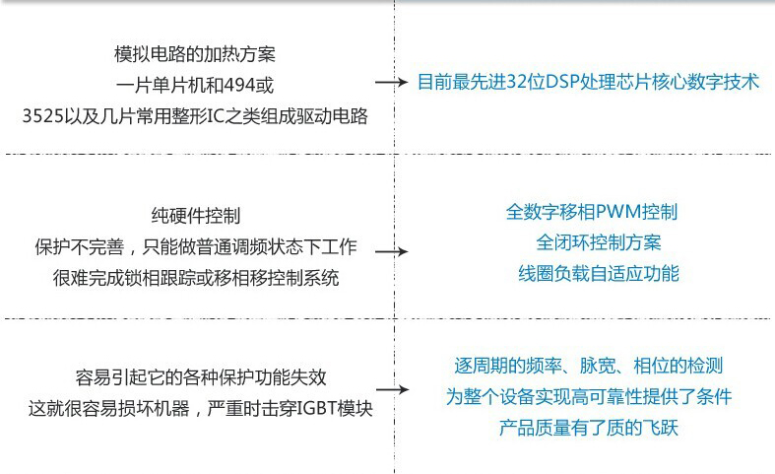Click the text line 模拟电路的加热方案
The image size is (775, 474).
[195, 54]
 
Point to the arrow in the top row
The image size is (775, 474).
[392, 82]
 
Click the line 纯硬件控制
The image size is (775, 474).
[196, 216]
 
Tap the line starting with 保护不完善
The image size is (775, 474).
[196, 246]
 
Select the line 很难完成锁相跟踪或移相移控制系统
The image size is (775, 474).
[196, 278]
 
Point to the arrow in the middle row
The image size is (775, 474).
[392, 252]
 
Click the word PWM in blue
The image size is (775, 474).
[618, 212]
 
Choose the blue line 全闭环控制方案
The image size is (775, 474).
[598, 242]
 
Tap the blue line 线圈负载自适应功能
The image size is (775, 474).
[598, 273]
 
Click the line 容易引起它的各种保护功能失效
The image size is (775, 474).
[201, 377]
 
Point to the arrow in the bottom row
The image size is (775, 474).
[393, 390]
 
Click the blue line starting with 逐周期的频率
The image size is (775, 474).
[588, 366]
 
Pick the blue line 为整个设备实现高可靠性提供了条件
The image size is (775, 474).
[588, 396]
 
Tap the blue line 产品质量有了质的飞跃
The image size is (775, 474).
[588, 428]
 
